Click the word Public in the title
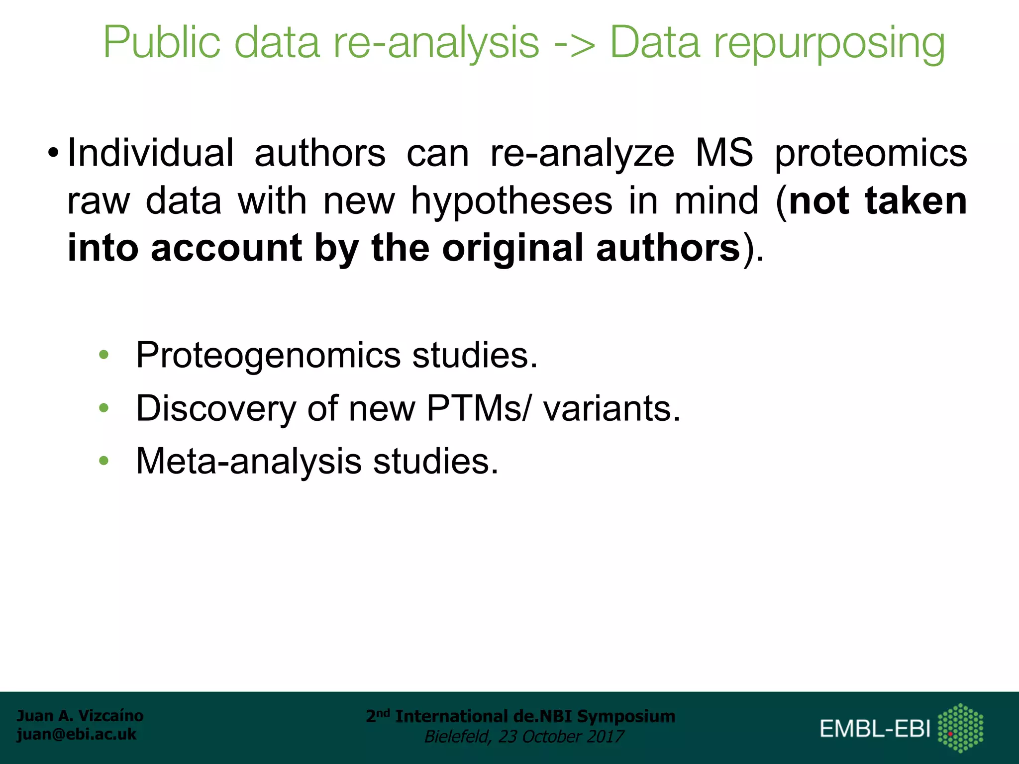161,44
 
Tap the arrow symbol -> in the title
574,44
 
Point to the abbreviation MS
724,153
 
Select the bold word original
512,249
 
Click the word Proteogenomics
268,356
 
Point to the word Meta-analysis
249,461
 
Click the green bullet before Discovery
103,408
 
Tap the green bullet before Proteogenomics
103,355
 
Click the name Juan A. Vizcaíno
80,716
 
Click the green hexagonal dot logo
960,728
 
